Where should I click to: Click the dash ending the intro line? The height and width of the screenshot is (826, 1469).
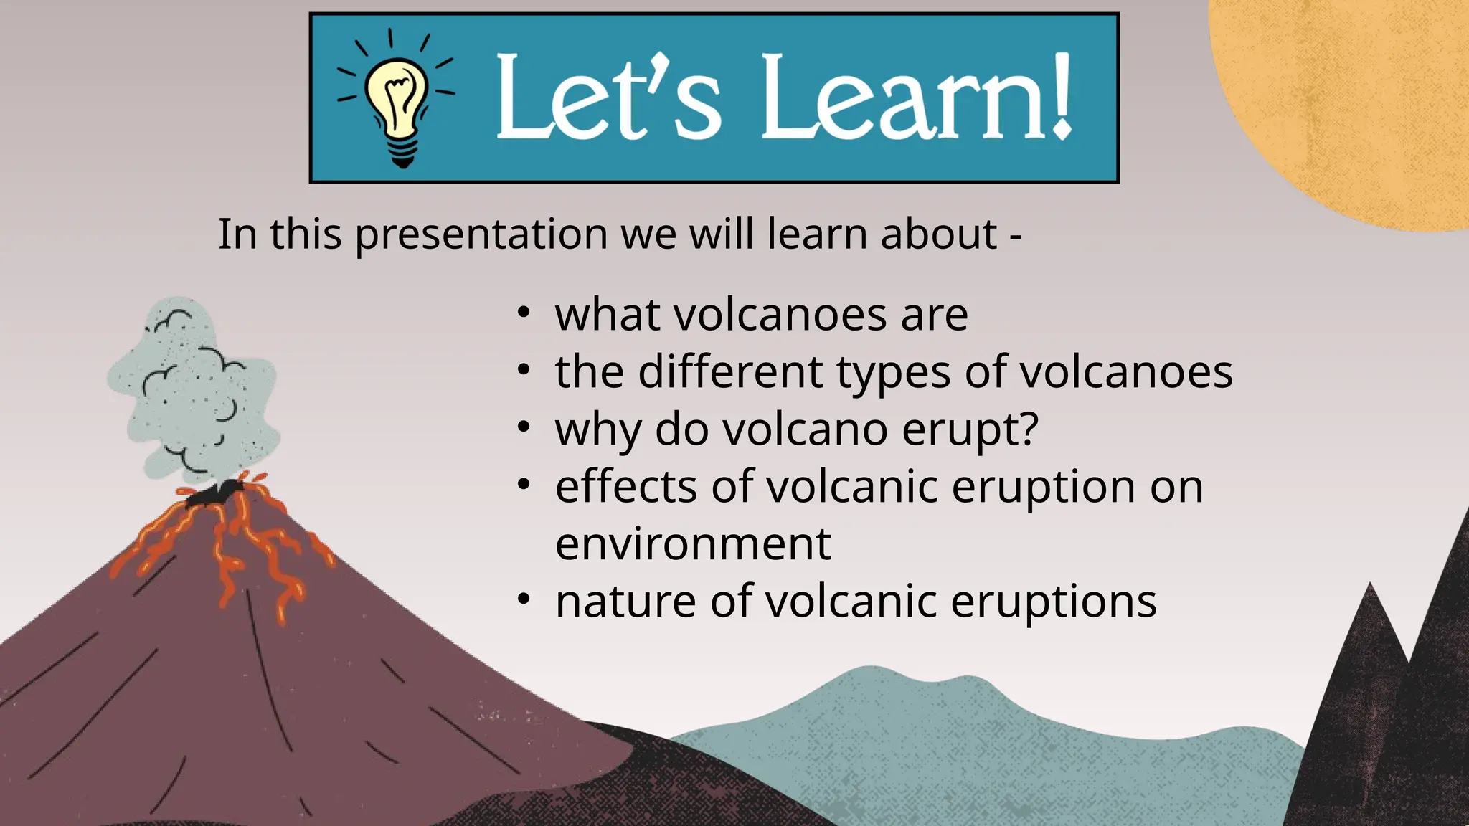tap(1015, 236)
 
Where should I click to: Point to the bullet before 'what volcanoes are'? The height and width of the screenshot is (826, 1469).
tap(524, 313)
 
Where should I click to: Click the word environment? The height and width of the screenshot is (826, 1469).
tap(693, 544)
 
